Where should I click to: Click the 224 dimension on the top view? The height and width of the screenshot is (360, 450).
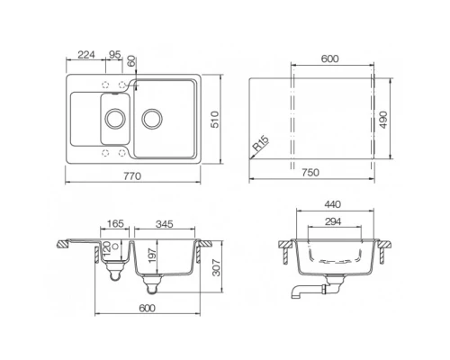[86, 55]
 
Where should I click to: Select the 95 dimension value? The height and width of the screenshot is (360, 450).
[114, 55]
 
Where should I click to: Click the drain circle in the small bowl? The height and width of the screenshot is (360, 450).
[114, 117]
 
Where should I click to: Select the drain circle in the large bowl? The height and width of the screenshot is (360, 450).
[152, 117]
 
